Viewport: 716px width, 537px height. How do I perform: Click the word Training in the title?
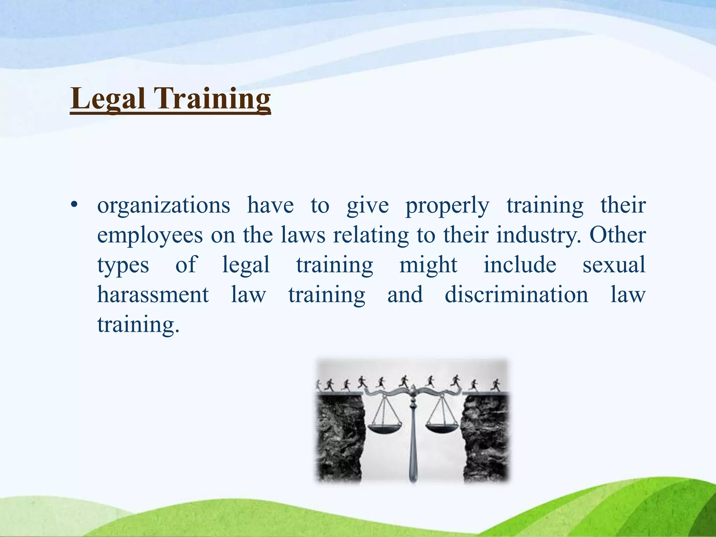pyautogui.click(x=212, y=99)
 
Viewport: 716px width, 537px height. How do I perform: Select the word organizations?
pyautogui.click(x=164, y=206)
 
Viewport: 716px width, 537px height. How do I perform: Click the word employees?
pyautogui.click(x=150, y=236)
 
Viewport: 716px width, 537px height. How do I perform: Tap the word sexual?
pyautogui.click(x=614, y=265)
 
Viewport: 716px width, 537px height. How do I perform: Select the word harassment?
pyautogui.click(x=153, y=294)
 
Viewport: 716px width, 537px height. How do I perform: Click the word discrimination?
pyautogui.click(x=516, y=294)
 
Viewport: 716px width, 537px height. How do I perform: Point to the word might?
pyautogui.click(x=428, y=265)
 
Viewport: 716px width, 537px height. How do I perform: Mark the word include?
pyautogui.click(x=520, y=265)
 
